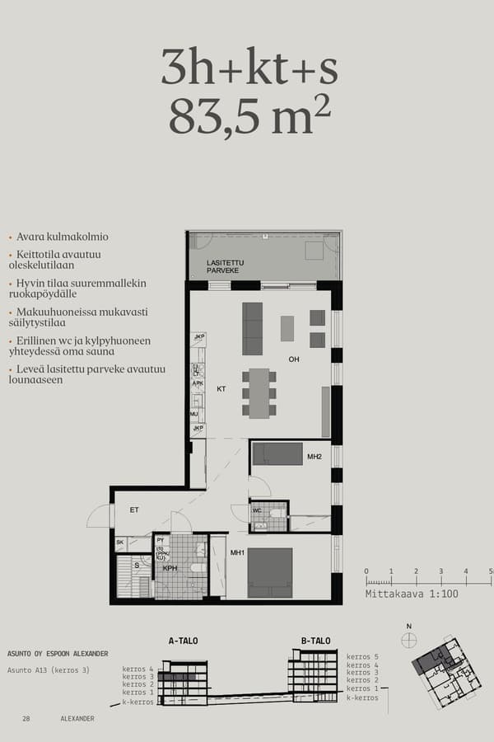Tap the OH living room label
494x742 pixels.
pyautogui.click(x=294, y=359)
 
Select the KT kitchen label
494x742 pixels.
pyautogui.click(x=221, y=387)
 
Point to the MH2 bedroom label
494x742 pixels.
pyautogui.click(x=314, y=456)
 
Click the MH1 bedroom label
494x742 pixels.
pyautogui.click(x=237, y=552)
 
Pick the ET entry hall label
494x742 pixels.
pyautogui.click(x=134, y=510)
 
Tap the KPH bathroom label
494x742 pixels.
pyautogui.click(x=170, y=568)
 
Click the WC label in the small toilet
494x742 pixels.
pyautogui.click(x=257, y=510)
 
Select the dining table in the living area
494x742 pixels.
pyautogui.click(x=259, y=393)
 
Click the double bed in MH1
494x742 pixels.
pyautogui.click(x=270, y=572)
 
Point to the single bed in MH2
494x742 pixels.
pyautogui.click(x=277, y=453)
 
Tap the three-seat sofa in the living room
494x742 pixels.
pyautogui.click(x=252, y=328)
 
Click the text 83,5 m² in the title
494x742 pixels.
pyautogui.click(x=249, y=116)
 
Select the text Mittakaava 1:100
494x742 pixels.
pyautogui.click(x=412, y=593)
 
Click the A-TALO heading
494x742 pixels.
pyautogui.click(x=183, y=641)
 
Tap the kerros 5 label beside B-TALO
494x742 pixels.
pyautogui.click(x=362, y=656)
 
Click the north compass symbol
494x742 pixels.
pyautogui.click(x=409, y=640)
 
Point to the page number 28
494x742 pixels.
pyautogui.click(x=27, y=719)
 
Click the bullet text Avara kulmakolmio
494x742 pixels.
pyautogui.click(x=62, y=237)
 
